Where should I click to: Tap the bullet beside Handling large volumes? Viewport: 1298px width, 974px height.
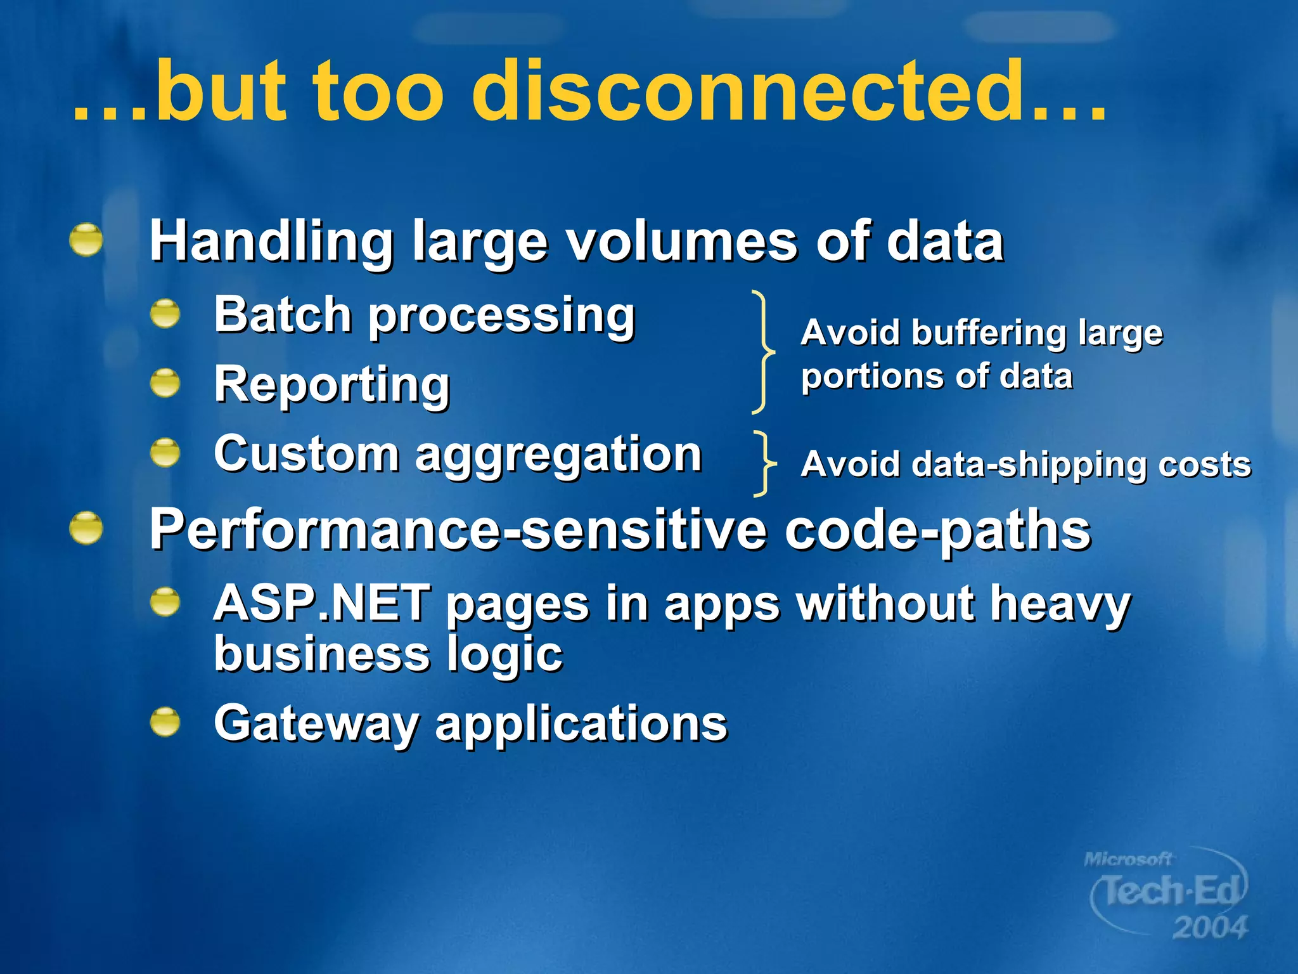[86, 240]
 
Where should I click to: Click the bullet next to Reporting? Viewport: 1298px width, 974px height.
[165, 382]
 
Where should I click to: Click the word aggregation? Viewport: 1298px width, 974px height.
[558, 455]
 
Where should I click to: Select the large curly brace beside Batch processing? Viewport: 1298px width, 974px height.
[763, 351]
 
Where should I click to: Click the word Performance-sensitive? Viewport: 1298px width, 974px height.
[458, 531]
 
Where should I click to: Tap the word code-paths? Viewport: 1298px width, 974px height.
[937, 531]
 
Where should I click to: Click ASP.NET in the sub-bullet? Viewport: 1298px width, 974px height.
[322, 603]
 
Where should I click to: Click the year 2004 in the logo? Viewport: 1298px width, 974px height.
[1209, 928]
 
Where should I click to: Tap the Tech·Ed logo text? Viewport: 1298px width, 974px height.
[1170, 891]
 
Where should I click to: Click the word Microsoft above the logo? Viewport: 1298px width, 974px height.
[1128, 859]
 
